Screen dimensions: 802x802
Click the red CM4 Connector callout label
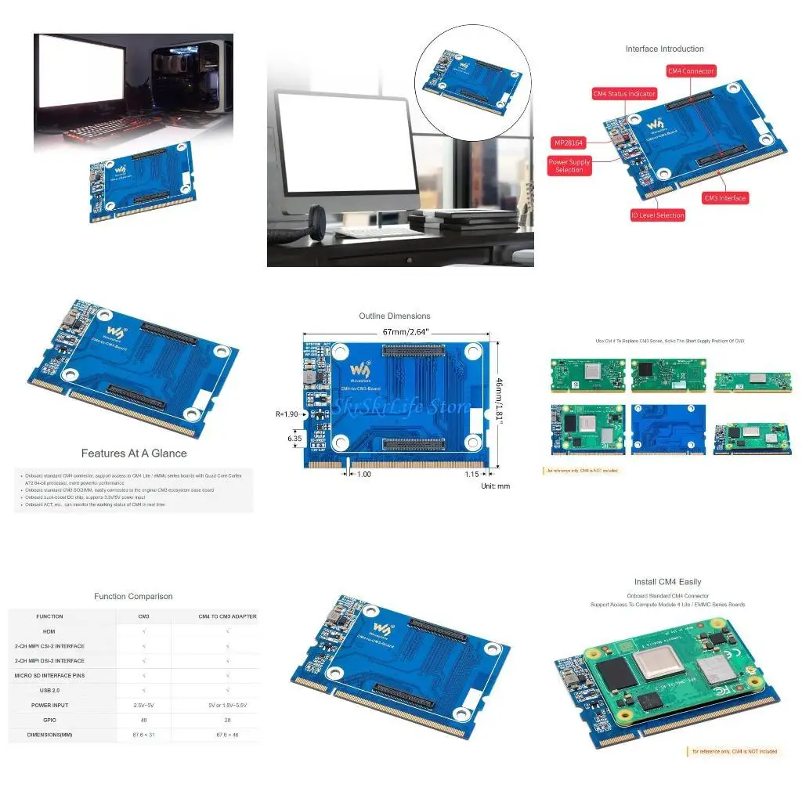(x=691, y=71)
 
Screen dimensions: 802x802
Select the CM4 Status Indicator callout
(x=624, y=94)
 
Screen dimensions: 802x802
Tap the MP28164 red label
(x=569, y=143)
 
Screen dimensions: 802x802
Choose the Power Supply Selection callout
(x=569, y=166)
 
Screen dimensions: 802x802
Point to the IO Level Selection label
(x=658, y=215)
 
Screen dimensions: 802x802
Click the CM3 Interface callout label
(x=724, y=198)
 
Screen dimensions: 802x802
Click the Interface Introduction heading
(x=664, y=49)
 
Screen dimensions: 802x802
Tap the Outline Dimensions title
(x=395, y=316)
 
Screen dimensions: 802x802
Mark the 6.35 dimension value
(x=295, y=439)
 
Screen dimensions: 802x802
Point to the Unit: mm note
(x=495, y=486)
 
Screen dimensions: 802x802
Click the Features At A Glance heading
(x=134, y=453)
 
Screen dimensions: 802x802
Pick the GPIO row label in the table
(x=49, y=720)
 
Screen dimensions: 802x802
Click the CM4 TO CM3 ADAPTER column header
(x=227, y=616)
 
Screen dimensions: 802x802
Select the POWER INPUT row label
(x=49, y=705)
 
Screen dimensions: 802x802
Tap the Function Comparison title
(x=133, y=597)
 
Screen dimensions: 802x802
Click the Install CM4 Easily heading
(x=667, y=582)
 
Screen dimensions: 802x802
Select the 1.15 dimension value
(x=471, y=474)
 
